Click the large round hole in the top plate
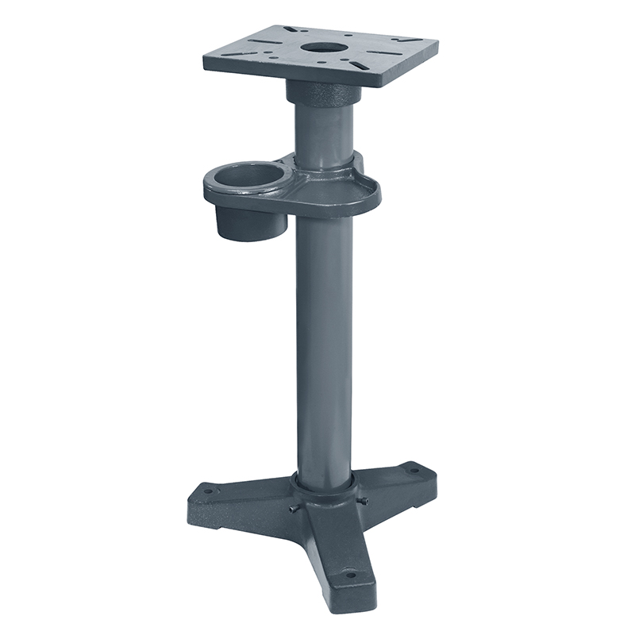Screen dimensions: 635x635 pos(325,46)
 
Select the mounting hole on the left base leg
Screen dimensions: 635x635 pos(208,491)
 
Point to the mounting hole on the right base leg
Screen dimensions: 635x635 pos(413,471)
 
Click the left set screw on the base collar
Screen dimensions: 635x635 pos(293,509)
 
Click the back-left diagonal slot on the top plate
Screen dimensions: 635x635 pos(290,29)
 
